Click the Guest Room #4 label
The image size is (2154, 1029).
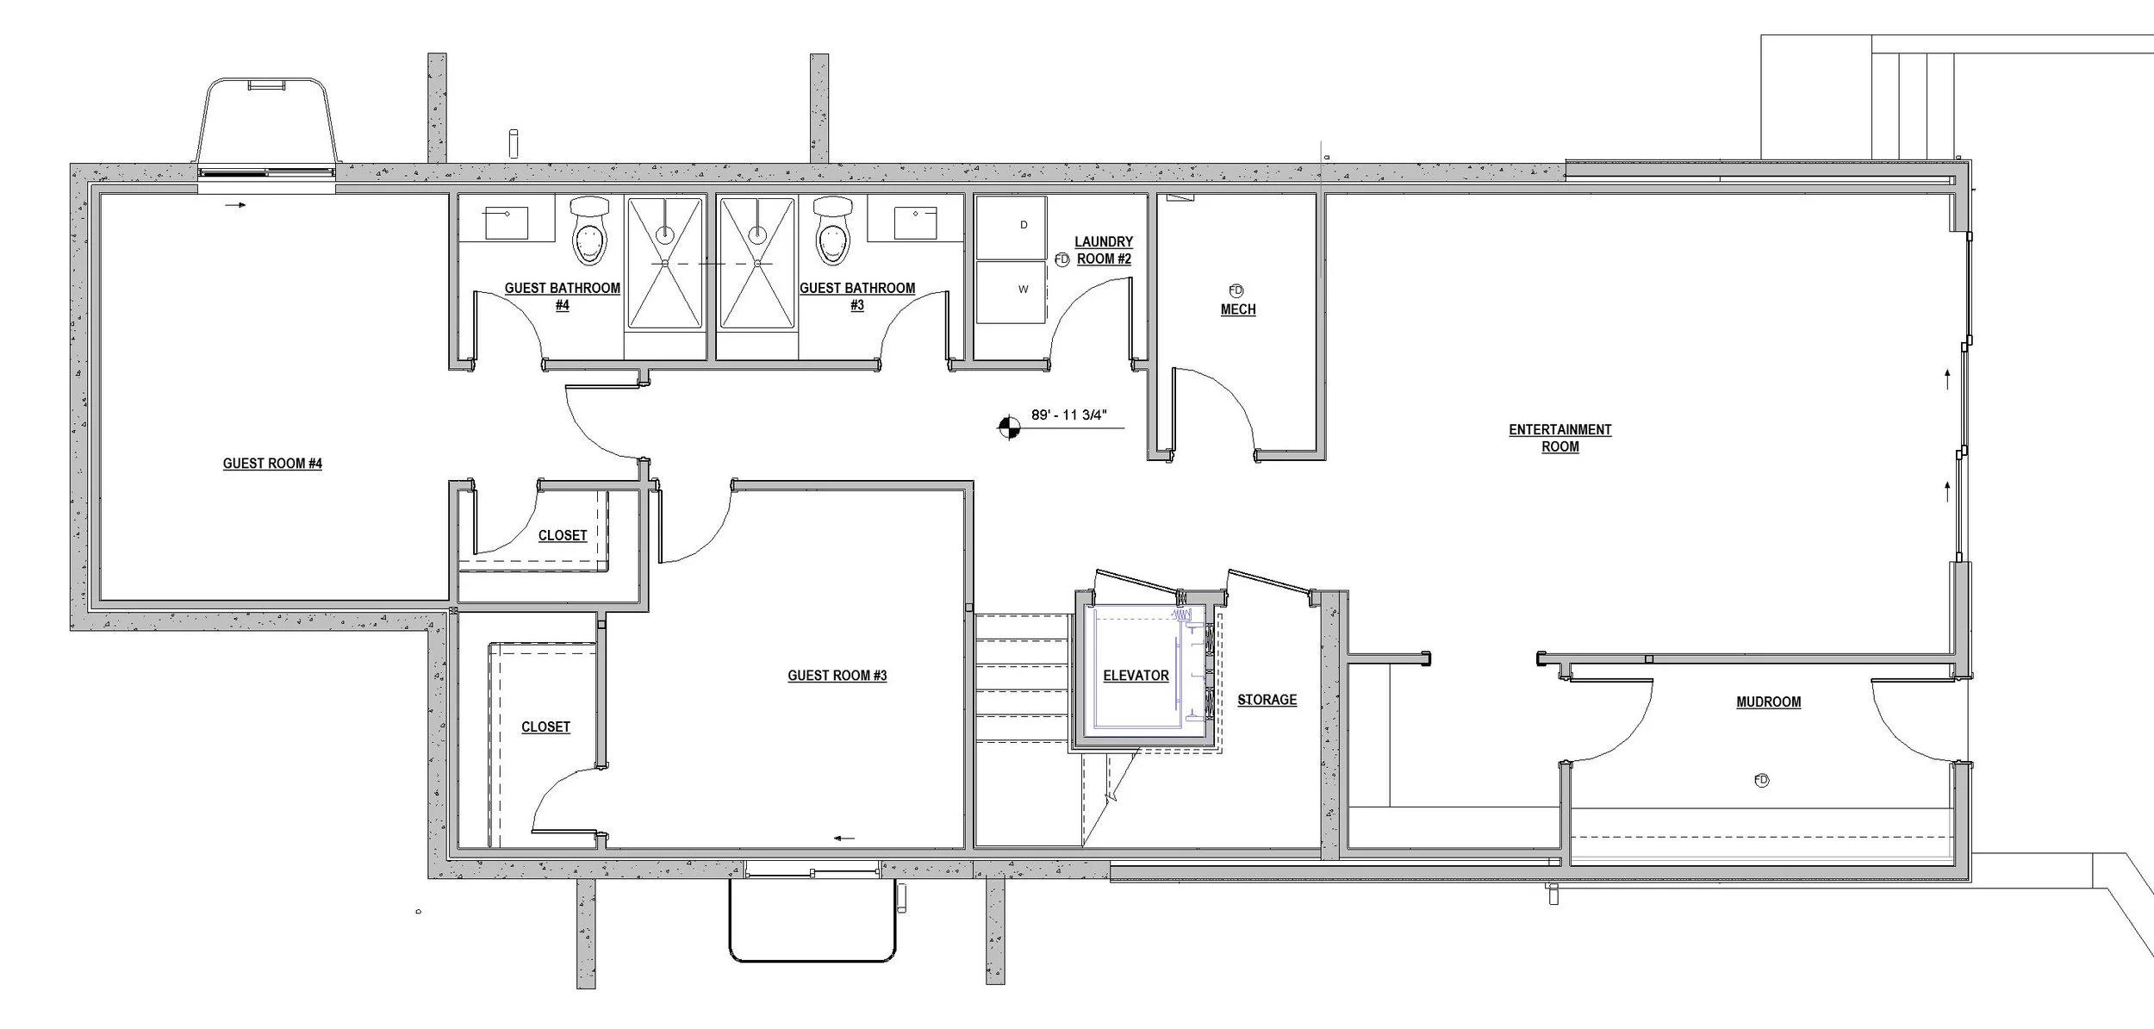[272, 464]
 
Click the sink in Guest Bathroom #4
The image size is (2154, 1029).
[507, 222]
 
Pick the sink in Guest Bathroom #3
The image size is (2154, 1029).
[915, 222]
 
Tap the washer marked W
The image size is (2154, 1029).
[1011, 291]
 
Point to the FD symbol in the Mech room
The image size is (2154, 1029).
[1236, 290]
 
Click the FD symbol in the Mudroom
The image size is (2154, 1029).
[1761, 780]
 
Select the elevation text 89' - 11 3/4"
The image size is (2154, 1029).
[1068, 415]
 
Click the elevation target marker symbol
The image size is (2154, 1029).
[1009, 426]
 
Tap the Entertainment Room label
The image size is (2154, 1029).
[1559, 438]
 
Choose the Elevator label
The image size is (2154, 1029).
[1136, 676]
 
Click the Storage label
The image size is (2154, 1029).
[1267, 700]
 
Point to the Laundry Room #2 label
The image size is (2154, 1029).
[1104, 250]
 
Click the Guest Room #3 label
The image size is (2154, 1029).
[837, 676]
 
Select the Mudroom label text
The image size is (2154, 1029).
[1768, 702]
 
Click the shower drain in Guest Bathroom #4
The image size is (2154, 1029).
[664, 233]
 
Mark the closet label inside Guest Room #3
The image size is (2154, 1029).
[545, 727]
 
